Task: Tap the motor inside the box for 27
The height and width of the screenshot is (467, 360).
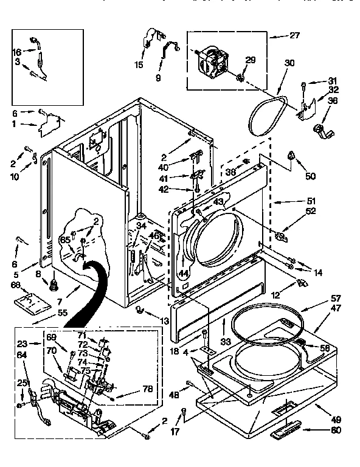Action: [215, 61]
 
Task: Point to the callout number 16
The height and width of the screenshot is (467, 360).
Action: [17, 52]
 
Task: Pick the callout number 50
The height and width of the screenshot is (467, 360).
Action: [311, 176]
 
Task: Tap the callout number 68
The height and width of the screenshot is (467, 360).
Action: [16, 285]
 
